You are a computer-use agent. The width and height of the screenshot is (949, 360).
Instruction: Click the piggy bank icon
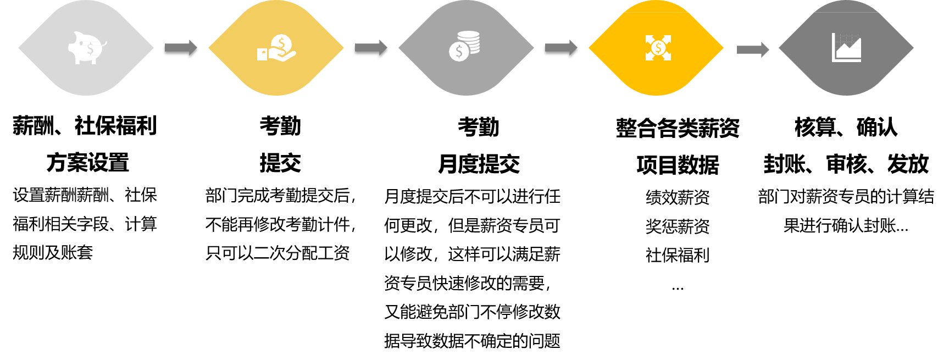tap(86, 48)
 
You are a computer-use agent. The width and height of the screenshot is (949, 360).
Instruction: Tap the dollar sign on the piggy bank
tap(90, 49)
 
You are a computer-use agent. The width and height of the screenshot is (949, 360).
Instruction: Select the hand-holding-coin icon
tap(276, 48)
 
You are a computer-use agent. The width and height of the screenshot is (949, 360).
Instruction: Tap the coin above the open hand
tap(281, 43)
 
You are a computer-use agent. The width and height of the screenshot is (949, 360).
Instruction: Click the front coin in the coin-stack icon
tap(459, 52)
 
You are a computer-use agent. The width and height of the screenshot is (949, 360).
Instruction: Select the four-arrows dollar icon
tap(658, 48)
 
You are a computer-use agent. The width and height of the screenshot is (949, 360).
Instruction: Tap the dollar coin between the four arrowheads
tap(658, 48)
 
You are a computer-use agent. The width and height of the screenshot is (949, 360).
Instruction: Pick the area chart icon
tap(846, 48)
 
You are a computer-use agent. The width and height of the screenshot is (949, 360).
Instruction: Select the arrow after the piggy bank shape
tap(181, 47)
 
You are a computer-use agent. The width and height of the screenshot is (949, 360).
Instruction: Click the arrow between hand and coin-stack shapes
tap(371, 47)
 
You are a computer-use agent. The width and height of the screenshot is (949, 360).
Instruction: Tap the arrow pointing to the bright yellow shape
tap(561, 47)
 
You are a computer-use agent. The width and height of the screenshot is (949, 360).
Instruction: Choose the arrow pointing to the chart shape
tap(752, 49)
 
